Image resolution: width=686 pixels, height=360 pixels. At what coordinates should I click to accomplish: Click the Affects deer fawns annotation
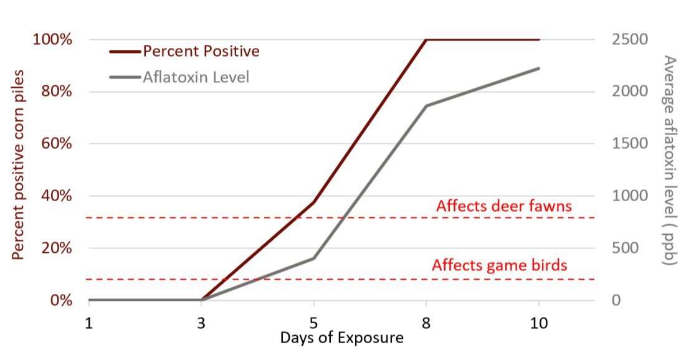(503, 206)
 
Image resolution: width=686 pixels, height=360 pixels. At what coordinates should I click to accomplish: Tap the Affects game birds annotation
(499, 265)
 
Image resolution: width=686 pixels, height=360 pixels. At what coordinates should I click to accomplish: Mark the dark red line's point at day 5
(313, 202)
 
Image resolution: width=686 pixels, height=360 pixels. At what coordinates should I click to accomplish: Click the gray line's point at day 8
(426, 105)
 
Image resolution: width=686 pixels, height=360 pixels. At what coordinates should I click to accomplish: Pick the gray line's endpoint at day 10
(538, 68)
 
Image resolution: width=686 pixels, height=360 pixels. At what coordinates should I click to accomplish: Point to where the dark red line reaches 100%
(426, 39)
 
